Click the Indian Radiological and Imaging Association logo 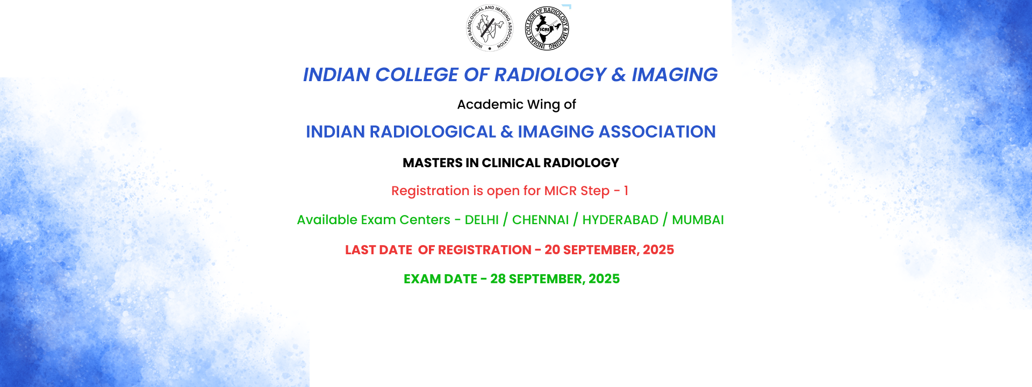pyautogui.click(x=490, y=28)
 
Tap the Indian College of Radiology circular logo pyautogui.click(x=547, y=28)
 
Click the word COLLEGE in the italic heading pyautogui.click(x=417, y=75)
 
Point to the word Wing pyautogui.click(x=544, y=105)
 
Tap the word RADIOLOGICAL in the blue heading pyautogui.click(x=433, y=132)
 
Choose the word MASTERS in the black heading pyautogui.click(x=433, y=163)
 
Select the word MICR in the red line pyautogui.click(x=561, y=191)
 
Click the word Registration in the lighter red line pyautogui.click(x=431, y=191)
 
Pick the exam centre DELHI pyautogui.click(x=482, y=220)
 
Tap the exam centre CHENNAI pyautogui.click(x=540, y=220)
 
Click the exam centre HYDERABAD pyautogui.click(x=620, y=220)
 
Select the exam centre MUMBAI pyautogui.click(x=698, y=220)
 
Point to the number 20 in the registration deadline pyautogui.click(x=552, y=250)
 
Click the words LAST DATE pyautogui.click(x=378, y=250)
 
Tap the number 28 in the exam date pyautogui.click(x=498, y=279)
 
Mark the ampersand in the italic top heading pyautogui.click(x=619, y=75)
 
